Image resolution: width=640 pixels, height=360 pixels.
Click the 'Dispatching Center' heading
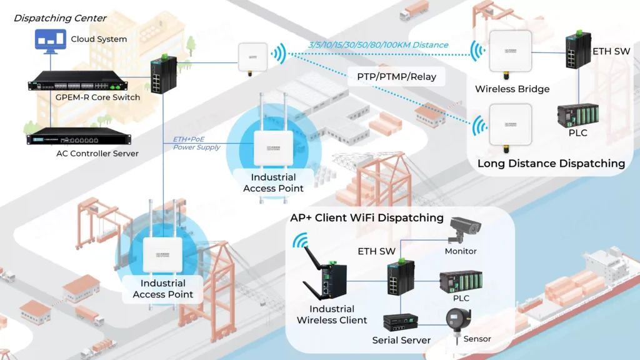pos(60,18)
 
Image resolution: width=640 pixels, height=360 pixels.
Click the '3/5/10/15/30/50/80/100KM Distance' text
pos(378,45)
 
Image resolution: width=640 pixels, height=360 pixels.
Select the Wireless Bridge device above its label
pos(510,54)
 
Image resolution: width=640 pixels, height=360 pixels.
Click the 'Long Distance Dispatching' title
pos(551,164)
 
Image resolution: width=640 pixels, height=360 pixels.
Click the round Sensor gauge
pos(459,320)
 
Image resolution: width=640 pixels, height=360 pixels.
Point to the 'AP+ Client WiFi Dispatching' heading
pos(367,218)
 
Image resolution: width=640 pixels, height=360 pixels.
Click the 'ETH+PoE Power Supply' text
pos(197,143)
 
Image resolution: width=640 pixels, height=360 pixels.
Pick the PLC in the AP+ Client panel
pos(461,282)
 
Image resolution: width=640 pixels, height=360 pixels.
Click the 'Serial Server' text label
pos(401,341)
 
